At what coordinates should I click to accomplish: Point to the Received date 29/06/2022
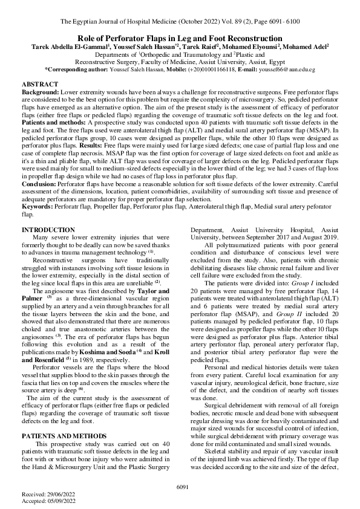[54, 493]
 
